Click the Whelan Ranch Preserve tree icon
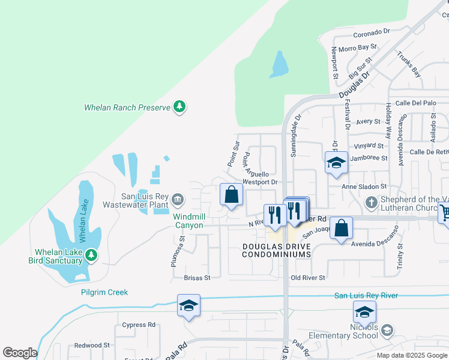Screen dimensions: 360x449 pos(179,107)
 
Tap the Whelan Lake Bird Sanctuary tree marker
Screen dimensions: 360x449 pos(91,256)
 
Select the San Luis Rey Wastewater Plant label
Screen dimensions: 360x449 pos(145,200)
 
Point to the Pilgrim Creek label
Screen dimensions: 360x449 pos(104,292)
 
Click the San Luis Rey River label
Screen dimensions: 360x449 pos(366,295)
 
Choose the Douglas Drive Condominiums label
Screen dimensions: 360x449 pos(276,250)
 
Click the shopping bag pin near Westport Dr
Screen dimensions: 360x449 pos(231,195)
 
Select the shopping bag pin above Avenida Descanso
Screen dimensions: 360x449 pos(341,229)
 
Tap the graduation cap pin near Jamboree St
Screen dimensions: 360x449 pos(336,163)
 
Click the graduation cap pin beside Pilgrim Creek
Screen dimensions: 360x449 pos(188,306)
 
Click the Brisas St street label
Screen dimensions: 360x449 pos(197,278)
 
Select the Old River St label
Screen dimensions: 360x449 pos(307,278)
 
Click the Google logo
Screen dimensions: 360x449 pos(20,353)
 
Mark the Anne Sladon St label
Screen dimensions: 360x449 pos(364,187)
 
